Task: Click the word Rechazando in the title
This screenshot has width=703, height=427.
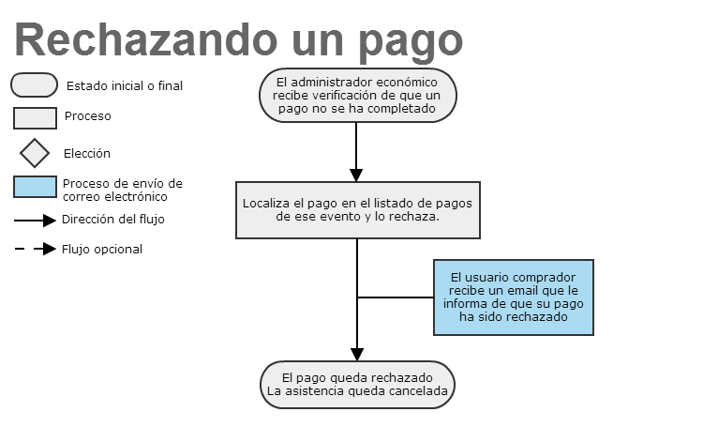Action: tap(146, 40)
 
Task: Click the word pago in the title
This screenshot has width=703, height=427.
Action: tap(411, 43)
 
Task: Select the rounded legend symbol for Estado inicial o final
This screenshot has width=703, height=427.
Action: tap(34, 85)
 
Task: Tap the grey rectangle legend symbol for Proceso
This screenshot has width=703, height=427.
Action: tap(35, 118)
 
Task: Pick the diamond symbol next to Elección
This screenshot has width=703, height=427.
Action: tap(35, 153)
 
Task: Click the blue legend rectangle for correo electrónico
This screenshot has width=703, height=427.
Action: tap(35, 187)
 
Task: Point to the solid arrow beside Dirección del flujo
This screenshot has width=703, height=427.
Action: tap(35, 221)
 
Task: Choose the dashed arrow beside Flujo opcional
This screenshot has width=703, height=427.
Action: tap(35, 249)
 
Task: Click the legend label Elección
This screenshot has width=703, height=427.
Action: tap(87, 154)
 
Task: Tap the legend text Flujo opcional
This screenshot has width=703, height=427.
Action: tap(102, 250)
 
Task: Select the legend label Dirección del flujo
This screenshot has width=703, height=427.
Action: tap(113, 220)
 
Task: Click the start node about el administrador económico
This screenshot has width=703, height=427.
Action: tap(358, 95)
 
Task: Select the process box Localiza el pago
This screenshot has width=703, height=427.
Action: tap(358, 210)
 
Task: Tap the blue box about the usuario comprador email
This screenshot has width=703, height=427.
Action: tap(514, 297)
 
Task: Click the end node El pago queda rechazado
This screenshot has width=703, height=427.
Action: tap(357, 385)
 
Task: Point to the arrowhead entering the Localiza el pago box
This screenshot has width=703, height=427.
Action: tap(356, 175)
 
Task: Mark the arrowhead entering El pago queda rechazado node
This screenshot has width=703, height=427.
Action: tap(357, 355)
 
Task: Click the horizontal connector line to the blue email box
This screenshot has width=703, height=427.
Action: tap(396, 297)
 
